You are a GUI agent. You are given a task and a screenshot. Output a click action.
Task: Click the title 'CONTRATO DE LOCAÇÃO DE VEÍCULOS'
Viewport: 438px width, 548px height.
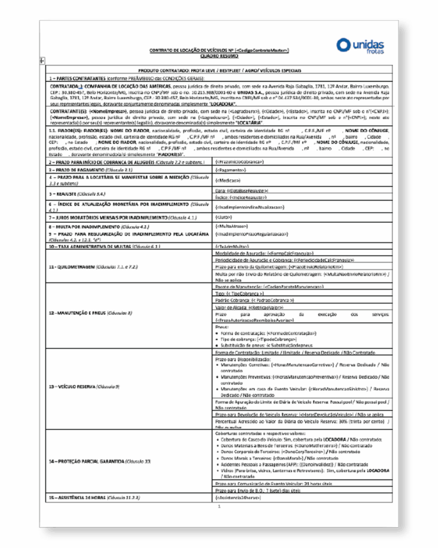[x=219, y=50]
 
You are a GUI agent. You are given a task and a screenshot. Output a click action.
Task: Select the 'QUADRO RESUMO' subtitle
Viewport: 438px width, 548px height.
[x=219, y=55]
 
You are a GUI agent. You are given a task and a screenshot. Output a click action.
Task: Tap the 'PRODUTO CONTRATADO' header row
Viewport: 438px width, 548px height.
[x=219, y=71]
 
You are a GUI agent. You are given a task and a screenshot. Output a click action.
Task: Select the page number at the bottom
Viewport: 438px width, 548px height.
[x=219, y=506]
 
